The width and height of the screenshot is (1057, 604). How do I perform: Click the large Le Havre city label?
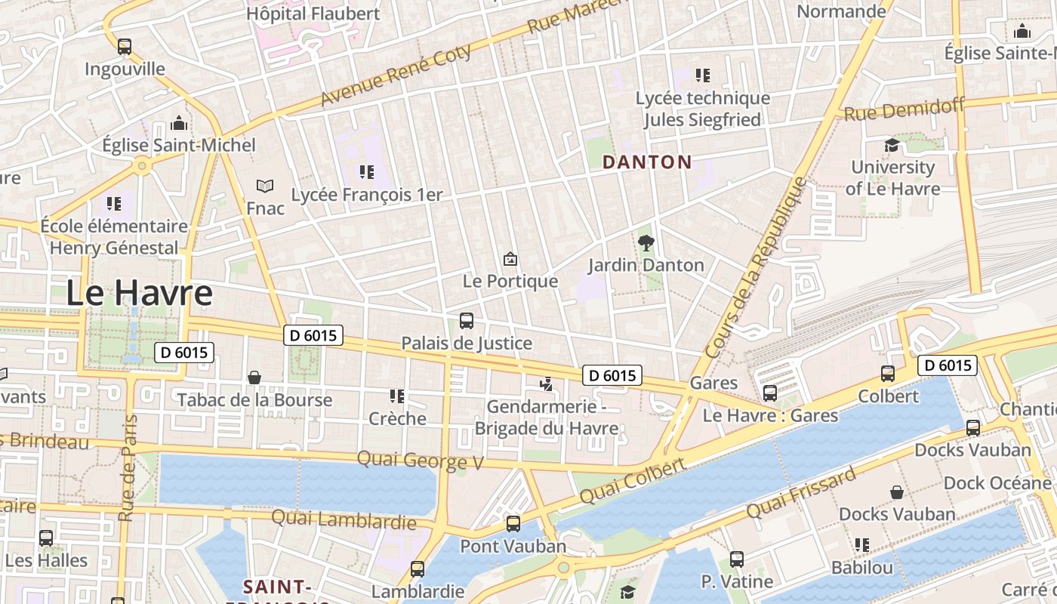(139, 293)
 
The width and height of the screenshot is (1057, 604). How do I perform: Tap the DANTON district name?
(646, 162)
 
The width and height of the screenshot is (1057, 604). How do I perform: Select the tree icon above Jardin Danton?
(646, 243)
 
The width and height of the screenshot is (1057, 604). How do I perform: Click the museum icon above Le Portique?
(510, 260)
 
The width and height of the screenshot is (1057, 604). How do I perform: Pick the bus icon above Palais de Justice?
(467, 321)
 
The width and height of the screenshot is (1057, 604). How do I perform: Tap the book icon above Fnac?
(265, 186)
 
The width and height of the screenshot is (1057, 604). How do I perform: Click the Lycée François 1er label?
(367, 195)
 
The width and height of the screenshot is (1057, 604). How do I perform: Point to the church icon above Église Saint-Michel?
(179, 123)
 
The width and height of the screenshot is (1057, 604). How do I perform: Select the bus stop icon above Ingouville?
(125, 47)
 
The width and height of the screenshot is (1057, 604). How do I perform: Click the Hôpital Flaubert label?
(313, 14)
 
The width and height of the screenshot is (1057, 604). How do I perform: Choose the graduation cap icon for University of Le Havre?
(892, 146)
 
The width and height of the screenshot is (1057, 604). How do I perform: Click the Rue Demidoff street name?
(904, 110)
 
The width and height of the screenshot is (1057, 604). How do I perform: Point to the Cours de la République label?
(756, 268)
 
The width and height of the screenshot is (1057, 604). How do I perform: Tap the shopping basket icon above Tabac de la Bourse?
(254, 377)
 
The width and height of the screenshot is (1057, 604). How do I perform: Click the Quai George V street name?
(420, 460)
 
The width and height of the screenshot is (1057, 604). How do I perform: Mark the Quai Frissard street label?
(801, 493)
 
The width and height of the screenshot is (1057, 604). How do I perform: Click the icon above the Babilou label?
(861, 545)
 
